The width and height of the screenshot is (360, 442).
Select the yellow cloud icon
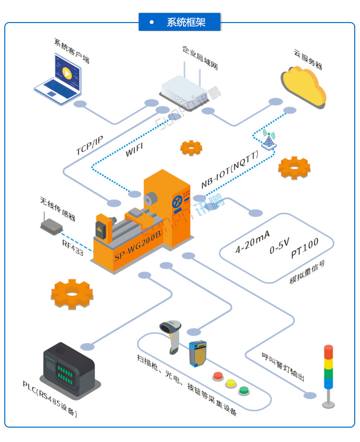point(304,86)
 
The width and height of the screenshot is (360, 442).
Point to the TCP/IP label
point(89,145)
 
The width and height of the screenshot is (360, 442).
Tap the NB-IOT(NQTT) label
point(229,169)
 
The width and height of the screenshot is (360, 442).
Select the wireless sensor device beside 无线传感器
point(50,225)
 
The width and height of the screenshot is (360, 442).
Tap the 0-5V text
point(279,249)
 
